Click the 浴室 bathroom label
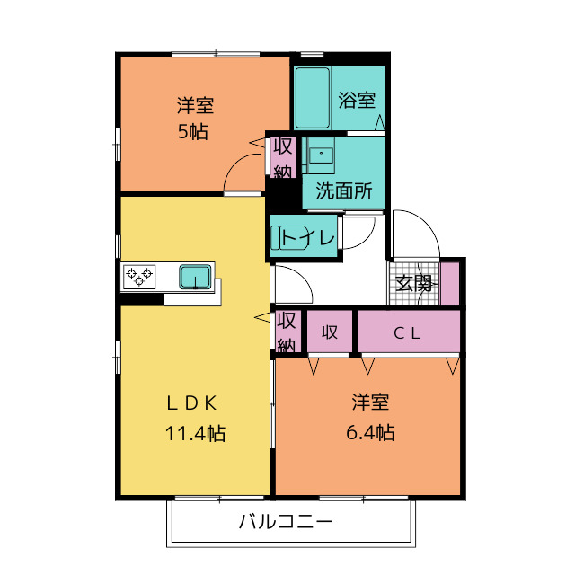[357, 100]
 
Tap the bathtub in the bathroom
[313, 98]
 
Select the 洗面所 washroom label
[343, 190]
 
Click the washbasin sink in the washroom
[321, 155]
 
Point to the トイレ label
[308, 237]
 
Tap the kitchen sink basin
[195, 277]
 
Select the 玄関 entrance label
[414, 283]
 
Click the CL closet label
[407, 333]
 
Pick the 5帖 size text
[193, 132]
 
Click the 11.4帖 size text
[195, 433]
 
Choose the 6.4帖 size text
[370, 432]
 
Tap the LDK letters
[191, 403]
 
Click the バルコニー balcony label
[286, 521]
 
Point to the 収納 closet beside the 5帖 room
[283, 157]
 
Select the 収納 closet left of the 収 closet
[286, 332]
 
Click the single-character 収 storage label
[330, 332]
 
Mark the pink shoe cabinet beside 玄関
[449, 283]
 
